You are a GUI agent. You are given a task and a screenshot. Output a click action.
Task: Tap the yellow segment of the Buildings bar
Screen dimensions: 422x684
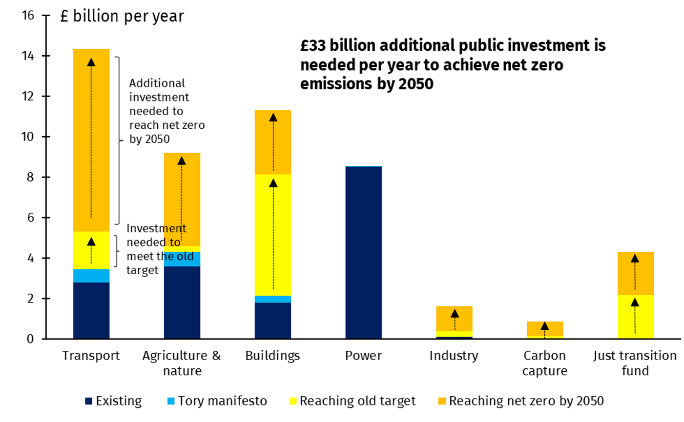pyautogui.click(x=273, y=235)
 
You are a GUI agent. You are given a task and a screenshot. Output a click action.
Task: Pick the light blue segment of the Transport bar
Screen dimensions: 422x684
pyautogui.click(x=91, y=276)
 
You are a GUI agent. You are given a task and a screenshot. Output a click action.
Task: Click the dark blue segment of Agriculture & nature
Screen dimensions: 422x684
pyautogui.click(x=182, y=302)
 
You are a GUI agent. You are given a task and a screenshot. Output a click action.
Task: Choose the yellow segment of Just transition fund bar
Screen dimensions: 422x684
pyautogui.click(x=635, y=317)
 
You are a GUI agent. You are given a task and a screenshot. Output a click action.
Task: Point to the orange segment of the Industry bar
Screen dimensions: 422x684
pyautogui.click(x=454, y=319)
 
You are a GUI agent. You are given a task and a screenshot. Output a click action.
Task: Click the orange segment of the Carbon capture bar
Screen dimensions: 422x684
pyautogui.click(x=545, y=329)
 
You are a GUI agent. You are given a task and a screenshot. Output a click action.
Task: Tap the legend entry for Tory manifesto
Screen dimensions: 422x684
pyautogui.click(x=222, y=401)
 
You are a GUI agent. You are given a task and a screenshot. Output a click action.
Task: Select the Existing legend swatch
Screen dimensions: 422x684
pyautogui.click(x=88, y=402)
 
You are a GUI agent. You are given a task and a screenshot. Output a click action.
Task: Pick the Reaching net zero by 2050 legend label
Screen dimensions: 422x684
pyautogui.click(x=526, y=401)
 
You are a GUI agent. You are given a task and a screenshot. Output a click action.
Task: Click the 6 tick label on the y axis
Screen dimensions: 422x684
pyautogui.click(x=30, y=218)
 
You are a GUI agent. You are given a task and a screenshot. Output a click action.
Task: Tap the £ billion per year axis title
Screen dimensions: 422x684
pyautogui.click(x=122, y=17)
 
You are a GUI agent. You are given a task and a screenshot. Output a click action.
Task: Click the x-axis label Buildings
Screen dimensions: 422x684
pyautogui.click(x=272, y=356)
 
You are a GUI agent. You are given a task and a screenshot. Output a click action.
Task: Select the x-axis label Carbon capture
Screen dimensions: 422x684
pyautogui.click(x=544, y=363)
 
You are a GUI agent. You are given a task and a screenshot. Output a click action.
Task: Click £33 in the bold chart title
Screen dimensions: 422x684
pyautogui.click(x=313, y=46)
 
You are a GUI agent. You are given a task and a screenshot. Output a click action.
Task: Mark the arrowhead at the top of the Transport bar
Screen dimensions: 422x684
pyautogui.click(x=91, y=62)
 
